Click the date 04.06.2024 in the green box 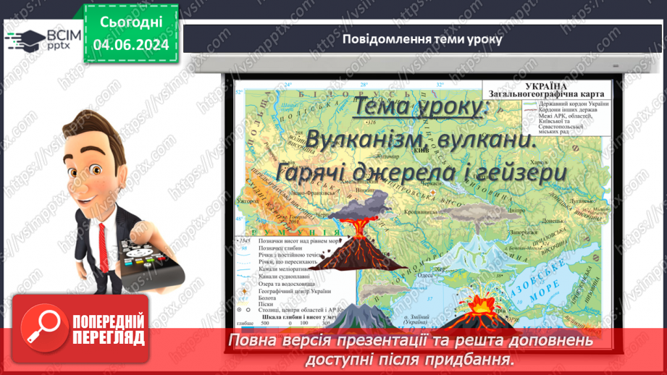pyautogui.click(x=130, y=45)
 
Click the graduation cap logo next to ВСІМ pyautogui.click(x=24, y=38)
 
